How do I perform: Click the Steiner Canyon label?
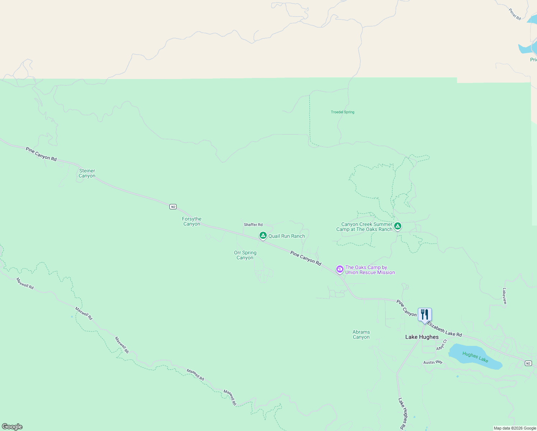click(x=87, y=173)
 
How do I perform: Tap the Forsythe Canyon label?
click(x=192, y=222)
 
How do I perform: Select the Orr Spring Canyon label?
click(x=245, y=255)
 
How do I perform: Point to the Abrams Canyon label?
click(x=361, y=335)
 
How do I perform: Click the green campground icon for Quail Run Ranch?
click(x=263, y=236)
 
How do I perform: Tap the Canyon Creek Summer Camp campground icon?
click(x=397, y=226)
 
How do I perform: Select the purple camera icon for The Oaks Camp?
click(x=340, y=269)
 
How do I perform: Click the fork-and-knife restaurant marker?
click(x=425, y=315)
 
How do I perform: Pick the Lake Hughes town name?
click(x=422, y=337)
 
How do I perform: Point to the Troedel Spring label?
click(x=342, y=112)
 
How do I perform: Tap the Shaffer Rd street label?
click(x=253, y=225)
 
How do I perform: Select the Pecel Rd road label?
click(x=515, y=14)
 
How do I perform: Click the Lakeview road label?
click(x=505, y=296)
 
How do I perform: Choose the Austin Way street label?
click(x=433, y=362)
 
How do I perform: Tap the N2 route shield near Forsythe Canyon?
click(x=173, y=207)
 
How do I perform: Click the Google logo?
click(x=12, y=427)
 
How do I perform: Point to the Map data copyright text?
click(x=515, y=428)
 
